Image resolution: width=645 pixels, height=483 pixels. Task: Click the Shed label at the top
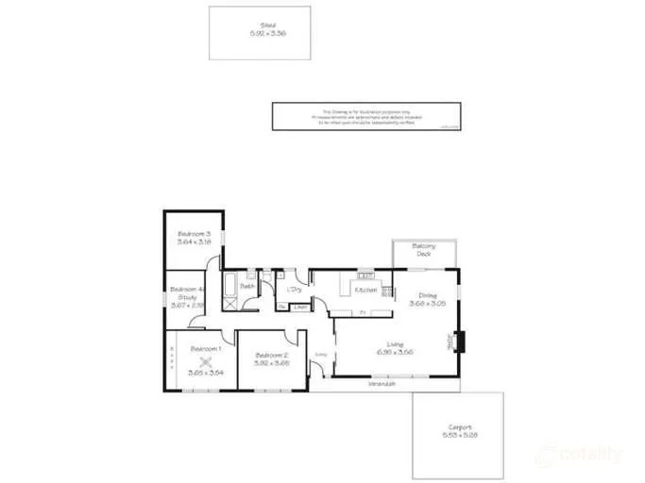point(260,25)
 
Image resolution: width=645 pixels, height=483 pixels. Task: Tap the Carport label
point(460,426)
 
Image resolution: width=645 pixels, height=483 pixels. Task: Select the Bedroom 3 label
point(199,234)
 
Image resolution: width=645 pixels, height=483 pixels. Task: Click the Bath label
point(246,286)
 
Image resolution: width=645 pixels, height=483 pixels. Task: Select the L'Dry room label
point(294,290)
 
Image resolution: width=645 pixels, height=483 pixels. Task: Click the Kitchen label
point(366,290)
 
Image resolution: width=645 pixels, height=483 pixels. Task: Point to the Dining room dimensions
point(427,304)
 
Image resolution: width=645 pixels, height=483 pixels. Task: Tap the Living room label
point(396,344)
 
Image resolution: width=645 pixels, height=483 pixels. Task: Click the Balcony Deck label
point(422,250)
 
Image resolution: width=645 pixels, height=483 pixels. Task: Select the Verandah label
point(382,384)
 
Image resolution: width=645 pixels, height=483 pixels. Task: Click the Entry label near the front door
point(321,355)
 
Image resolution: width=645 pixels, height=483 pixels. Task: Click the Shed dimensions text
point(260,33)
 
